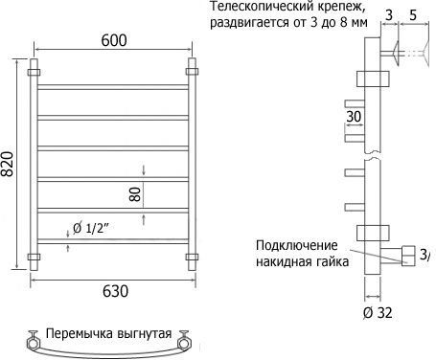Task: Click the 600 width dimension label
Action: point(114,40)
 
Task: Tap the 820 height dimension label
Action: point(7,164)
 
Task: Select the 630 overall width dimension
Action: point(115,291)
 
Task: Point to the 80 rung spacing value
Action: point(135,194)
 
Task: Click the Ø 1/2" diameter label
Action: point(91,228)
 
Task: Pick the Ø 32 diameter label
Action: point(378,313)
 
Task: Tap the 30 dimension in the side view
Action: point(354,117)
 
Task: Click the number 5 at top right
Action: point(413,14)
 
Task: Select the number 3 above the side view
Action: point(389,14)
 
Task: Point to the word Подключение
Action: point(297,245)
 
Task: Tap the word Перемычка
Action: point(80,333)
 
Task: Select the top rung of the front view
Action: point(113,87)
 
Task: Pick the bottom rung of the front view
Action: point(113,241)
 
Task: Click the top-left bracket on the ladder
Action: point(34,72)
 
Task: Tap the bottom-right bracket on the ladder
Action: point(192,257)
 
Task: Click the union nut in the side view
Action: point(408,256)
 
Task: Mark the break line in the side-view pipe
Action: point(373,156)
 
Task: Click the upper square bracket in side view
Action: point(373,79)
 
